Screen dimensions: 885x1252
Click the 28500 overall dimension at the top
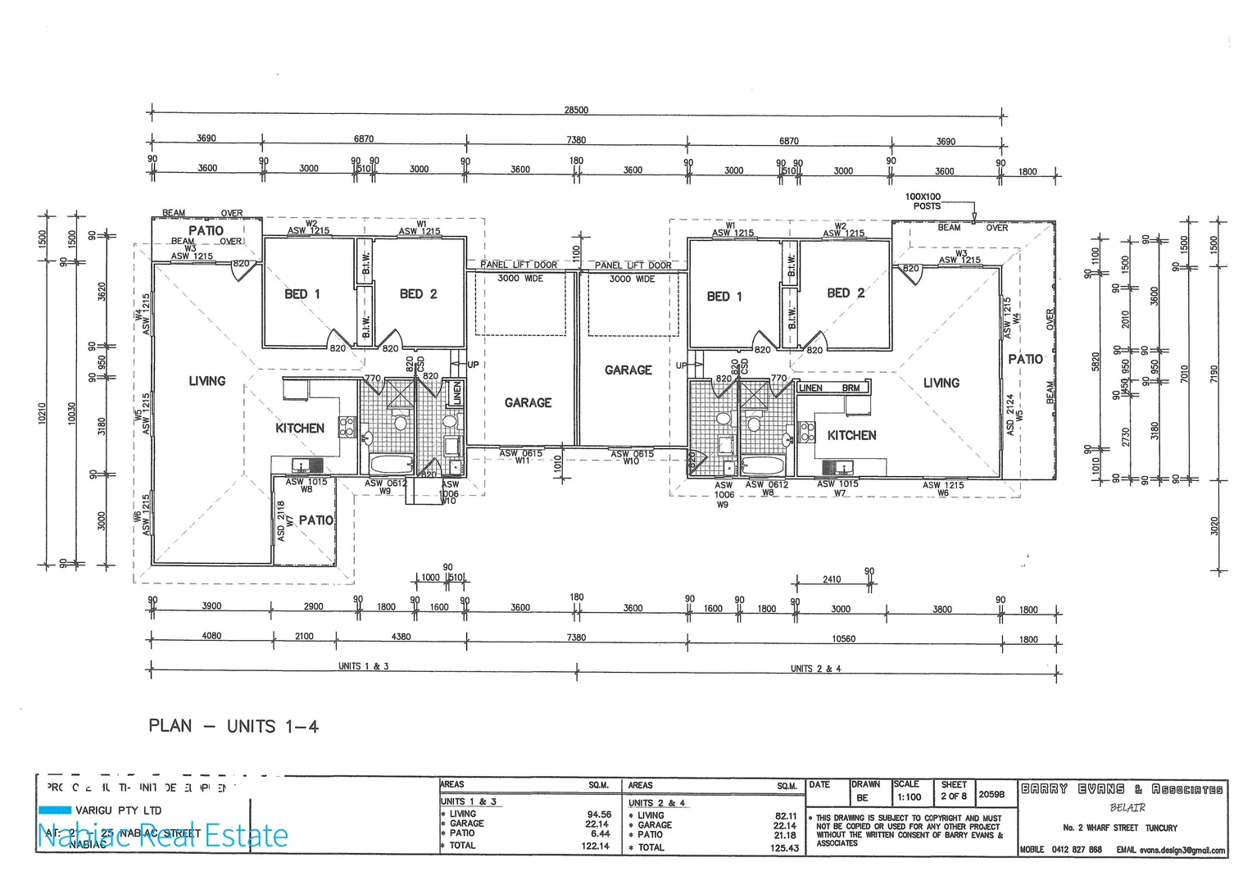click(x=576, y=110)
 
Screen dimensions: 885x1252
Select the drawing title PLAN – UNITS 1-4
click(x=233, y=726)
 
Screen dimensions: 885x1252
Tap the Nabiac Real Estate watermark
click(x=163, y=835)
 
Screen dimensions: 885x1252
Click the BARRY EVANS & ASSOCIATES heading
click(x=1122, y=790)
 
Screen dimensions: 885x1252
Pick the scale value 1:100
click(x=907, y=797)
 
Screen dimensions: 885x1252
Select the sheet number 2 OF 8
click(x=953, y=796)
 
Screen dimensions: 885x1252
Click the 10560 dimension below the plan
click(x=843, y=638)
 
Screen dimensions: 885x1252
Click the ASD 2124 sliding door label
click(x=1010, y=414)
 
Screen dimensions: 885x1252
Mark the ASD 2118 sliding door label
click(x=280, y=520)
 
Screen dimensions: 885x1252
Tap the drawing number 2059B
click(x=991, y=794)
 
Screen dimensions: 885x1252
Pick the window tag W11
click(x=521, y=461)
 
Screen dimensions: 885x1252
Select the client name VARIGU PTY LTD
click(x=117, y=810)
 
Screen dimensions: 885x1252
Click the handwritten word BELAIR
click(x=1127, y=808)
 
